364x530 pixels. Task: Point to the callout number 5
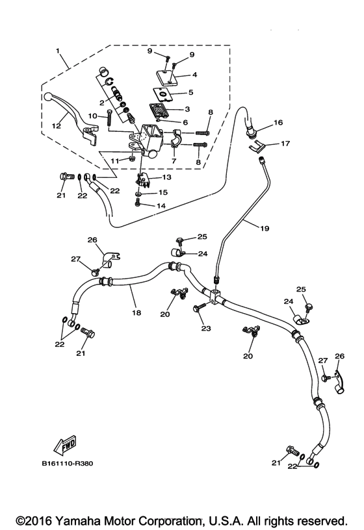(191, 92)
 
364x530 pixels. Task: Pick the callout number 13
(166, 177)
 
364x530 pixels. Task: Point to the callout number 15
(164, 192)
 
